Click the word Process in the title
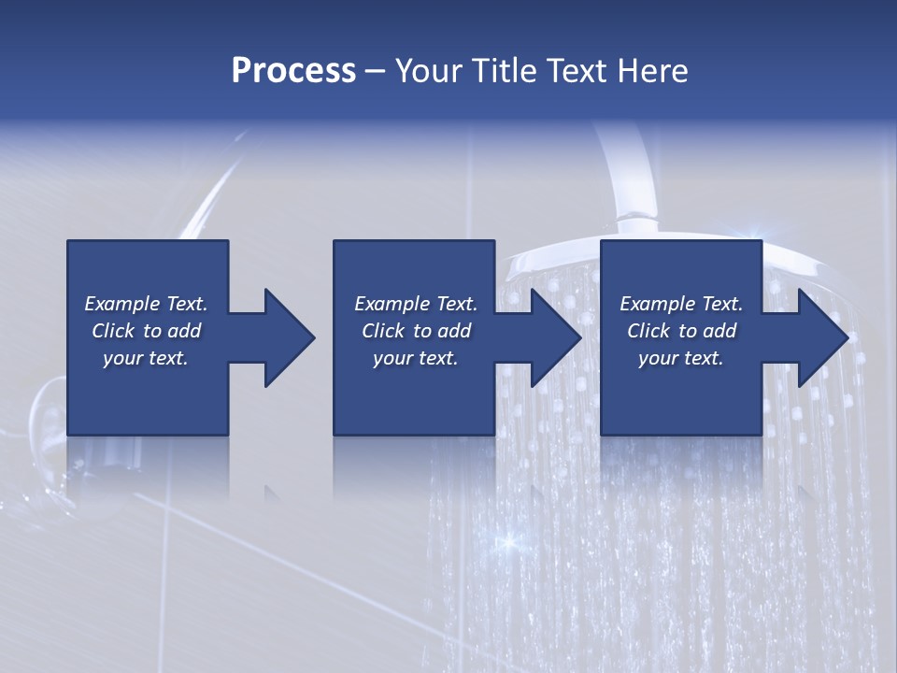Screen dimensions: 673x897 click(293, 71)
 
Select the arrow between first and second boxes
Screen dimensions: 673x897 click(277, 337)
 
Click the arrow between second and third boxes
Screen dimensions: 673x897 click(543, 337)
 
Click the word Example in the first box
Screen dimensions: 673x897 click(122, 304)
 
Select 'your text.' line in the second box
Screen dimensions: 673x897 click(415, 358)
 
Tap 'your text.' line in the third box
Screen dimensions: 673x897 click(680, 358)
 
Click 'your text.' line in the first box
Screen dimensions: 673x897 click(145, 358)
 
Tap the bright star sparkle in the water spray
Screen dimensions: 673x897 click(509, 540)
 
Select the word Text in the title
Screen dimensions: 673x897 click(577, 71)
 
